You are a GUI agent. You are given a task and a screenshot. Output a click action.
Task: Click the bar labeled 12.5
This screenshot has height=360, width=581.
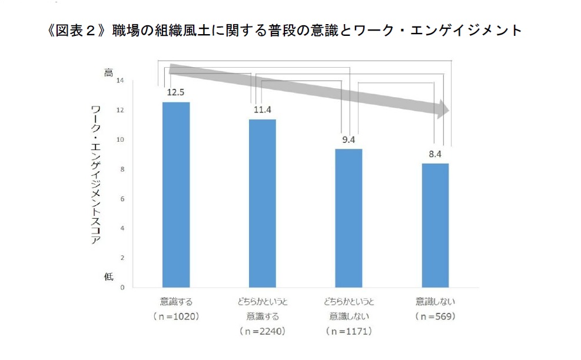176,194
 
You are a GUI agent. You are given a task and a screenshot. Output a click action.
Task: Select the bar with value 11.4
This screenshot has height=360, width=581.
262,203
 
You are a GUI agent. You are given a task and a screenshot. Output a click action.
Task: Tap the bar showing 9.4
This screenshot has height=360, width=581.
349,218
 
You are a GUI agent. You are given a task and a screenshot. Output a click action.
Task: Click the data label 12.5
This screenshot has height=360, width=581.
176,92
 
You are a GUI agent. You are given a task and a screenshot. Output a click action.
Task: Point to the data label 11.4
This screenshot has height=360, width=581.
262,109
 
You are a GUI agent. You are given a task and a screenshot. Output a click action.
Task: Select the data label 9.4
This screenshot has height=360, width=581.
349,139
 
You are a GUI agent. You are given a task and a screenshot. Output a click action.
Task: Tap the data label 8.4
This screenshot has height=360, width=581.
435,154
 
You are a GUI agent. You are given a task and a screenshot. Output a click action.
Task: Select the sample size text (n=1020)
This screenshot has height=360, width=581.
176,316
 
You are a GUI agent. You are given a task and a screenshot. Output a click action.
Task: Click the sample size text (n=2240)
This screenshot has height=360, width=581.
262,331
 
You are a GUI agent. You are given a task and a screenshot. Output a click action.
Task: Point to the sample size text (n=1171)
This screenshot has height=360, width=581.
349,331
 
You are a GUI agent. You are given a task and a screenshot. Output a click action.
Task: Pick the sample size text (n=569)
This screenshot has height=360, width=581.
435,316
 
